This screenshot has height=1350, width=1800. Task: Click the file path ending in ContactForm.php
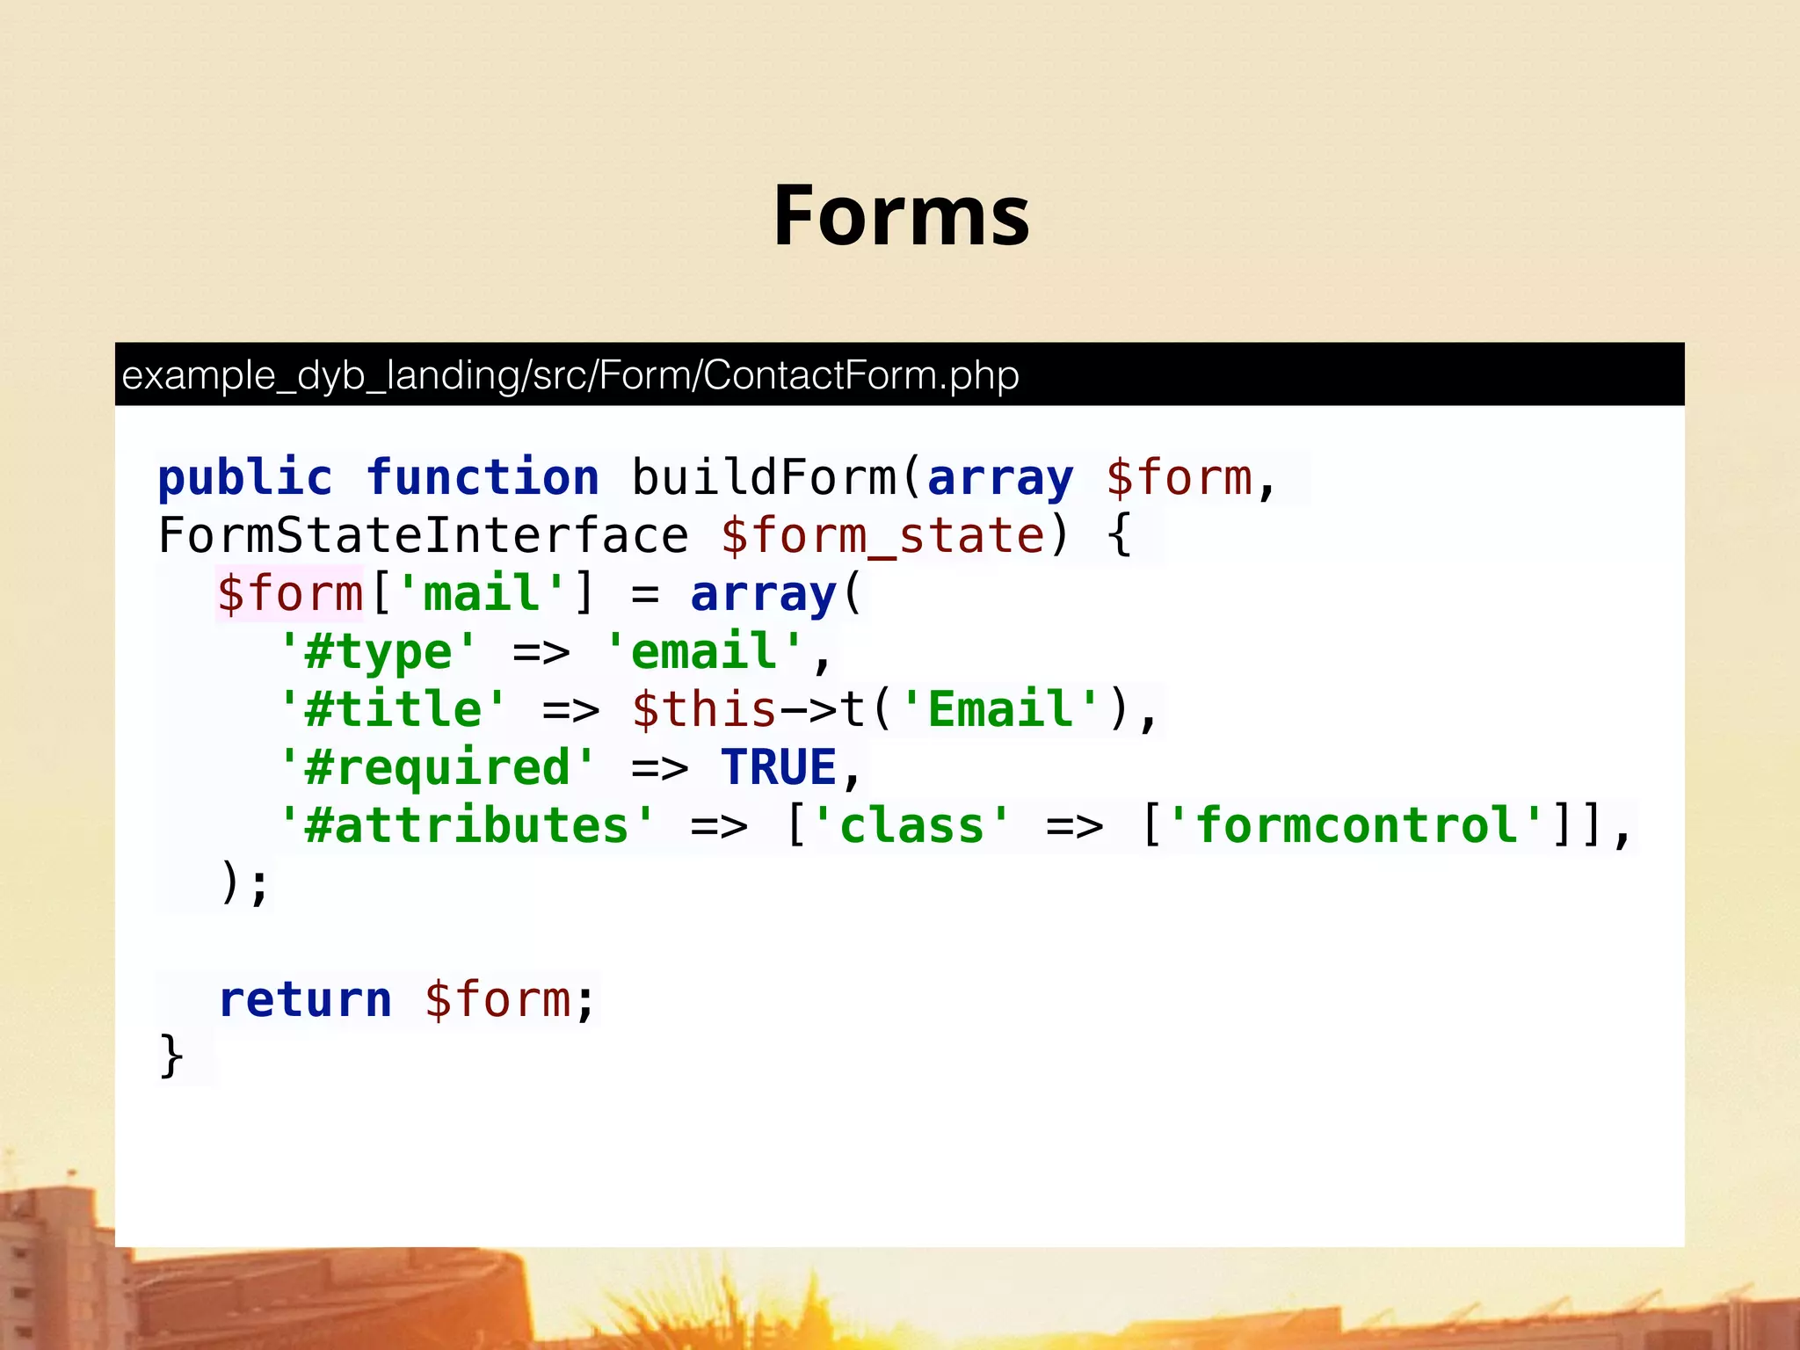(570, 375)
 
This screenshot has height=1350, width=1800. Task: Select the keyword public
(245, 478)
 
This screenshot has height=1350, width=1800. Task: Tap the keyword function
(483, 478)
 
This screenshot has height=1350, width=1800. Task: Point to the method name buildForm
(763, 478)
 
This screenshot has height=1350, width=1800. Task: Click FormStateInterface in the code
(423, 536)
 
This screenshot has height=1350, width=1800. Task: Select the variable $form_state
(882, 536)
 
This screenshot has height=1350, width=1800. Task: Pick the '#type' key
(378, 652)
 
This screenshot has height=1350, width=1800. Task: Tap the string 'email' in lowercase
(704, 652)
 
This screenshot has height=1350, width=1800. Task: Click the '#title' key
(393, 710)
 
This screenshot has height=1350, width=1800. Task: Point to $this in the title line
(704, 710)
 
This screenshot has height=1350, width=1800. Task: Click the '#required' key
(437, 768)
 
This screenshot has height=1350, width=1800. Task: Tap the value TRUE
(778, 768)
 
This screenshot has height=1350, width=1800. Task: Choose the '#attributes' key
(467, 826)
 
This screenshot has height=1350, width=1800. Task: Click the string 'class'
(911, 826)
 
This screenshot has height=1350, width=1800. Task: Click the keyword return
(305, 1000)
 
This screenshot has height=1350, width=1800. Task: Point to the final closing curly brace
(171, 1056)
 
